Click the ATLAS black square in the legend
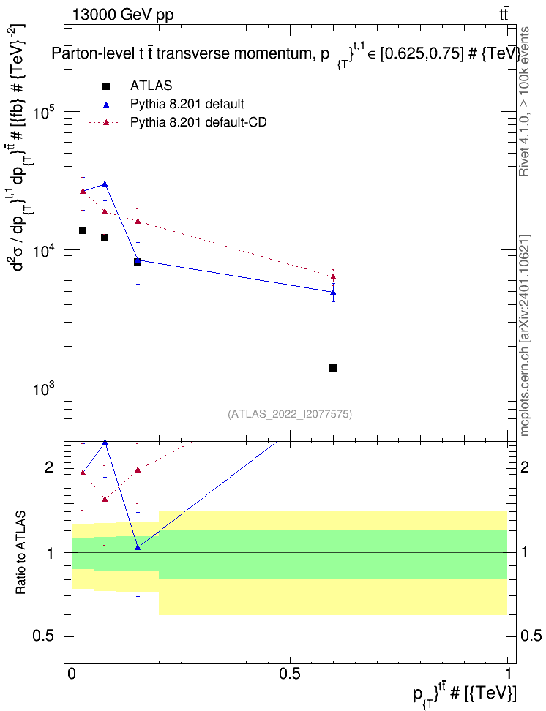[x=106, y=86]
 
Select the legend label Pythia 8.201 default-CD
[x=198, y=122]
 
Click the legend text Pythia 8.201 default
[x=187, y=104]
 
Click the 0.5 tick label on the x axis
[x=290, y=673]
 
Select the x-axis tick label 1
[x=507, y=673]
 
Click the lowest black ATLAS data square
[x=333, y=368]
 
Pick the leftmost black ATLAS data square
[x=83, y=230]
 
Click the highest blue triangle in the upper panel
[x=105, y=184]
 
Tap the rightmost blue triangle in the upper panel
[x=333, y=292]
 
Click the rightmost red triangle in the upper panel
[x=333, y=277]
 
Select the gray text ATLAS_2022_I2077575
[x=290, y=414]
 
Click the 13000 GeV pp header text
[x=122, y=15]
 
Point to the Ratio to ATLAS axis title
[x=20, y=553]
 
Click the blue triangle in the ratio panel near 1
[x=138, y=547]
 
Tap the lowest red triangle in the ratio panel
[x=105, y=500]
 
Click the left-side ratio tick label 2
[x=50, y=467]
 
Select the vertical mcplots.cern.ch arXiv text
[x=525, y=336]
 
